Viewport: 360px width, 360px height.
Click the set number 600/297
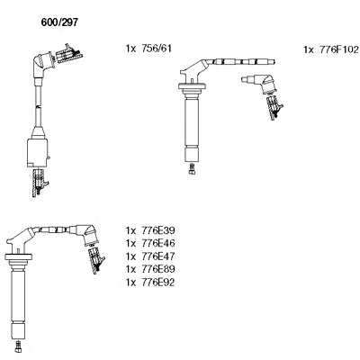pyautogui.click(x=59, y=22)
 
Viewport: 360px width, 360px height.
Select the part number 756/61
pyautogui.click(x=157, y=49)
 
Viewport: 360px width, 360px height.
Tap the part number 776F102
pyautogui.click(x=339, y=49)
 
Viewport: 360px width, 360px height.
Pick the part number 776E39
pyautogui.click(x=158, y=230)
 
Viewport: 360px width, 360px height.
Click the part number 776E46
pyautogui.click(x=158, y=243)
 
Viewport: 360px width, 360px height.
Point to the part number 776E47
pyautogui.click(x=158, y=256)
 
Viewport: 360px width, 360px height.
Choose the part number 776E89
pyautogui.click(x=158, y=269)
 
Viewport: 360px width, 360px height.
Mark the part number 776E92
pyautogui.click(x=158, y=283)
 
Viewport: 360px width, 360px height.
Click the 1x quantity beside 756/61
pyautogui.click(x=131, y=49)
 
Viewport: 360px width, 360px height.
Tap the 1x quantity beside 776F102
pyautogui.click(x=309, y=49)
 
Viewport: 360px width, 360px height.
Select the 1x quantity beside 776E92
pyautogui.click(x=131, y=283)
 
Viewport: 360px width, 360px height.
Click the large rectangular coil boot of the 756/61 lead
pyautogui.click(x=38, y=152)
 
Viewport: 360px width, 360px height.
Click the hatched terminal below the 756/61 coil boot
pyautogui.click(x=40, y=183)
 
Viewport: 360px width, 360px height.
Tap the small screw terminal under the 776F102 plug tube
pyautogui.click(x=192, y=168)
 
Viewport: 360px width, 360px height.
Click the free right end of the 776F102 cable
pyautogui.click(x=274, y=62)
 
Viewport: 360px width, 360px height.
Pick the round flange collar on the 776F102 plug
pyautogui.click(x=192, y=86)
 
